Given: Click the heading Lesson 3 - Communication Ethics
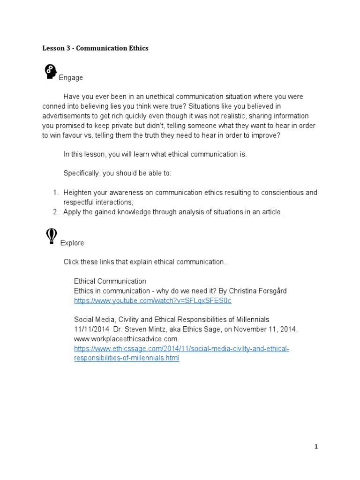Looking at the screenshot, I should click(x=95, y=48).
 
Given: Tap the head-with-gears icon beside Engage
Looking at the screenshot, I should click(x=50, y=72).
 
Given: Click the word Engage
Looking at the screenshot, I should click(x=71, y=78).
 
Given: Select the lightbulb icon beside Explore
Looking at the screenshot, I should click(x=51, y=236).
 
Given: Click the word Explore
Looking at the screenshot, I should click(x=72, y=243).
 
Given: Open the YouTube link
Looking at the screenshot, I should click(x=152, y=300).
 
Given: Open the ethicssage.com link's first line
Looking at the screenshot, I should click(x=181, y=349).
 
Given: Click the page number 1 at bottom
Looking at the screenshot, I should click(x=316, y=447).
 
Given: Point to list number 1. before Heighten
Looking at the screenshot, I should click(x=55, y=193).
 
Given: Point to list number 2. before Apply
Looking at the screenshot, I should click(x=55, y=212).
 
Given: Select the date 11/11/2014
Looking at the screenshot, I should click(x=90, y=329).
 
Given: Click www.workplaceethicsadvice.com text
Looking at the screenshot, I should click(x=126, y=338).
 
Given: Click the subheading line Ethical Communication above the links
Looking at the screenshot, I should click(x=110, y=281).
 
